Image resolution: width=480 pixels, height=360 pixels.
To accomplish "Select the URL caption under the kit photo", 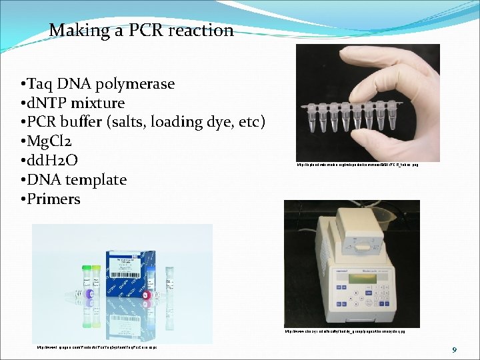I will click(x=97, y=347).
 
